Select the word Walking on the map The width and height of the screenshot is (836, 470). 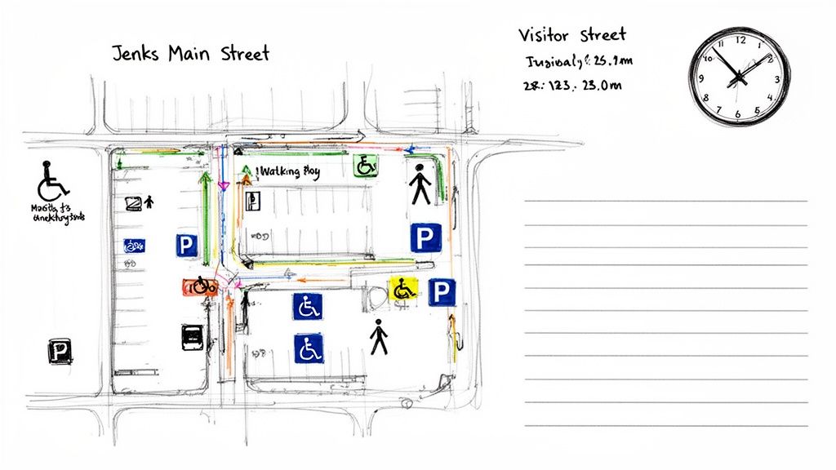pyautogui.click(x=280, y=172)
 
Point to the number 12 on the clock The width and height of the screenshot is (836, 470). pyautogui.click(x=741, y=39)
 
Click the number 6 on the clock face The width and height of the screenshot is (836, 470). pyautogui.click(x=740, y=114)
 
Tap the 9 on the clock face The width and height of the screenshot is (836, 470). pyautogui.click(x=700, y=78)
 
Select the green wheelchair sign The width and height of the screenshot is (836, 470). pyautogui.click(x=365, y=166)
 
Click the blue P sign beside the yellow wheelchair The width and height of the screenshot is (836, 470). pyautogui.click(x=442, y=291)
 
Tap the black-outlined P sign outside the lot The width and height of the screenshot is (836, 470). pyautogui.click(x=60, y=352)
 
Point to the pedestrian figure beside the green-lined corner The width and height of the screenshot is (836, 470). pyautogui.click(x=420, y=184)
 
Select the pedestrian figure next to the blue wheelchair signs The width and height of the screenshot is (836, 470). pyautogui.click(x=378, y=337)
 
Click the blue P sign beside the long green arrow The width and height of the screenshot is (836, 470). pyautogui.click(x=186, y=244)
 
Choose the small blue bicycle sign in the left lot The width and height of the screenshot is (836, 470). pyautogui.click(x=134, y=245)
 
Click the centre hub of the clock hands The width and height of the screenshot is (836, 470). pyautogui.click(x=740, y=77)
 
